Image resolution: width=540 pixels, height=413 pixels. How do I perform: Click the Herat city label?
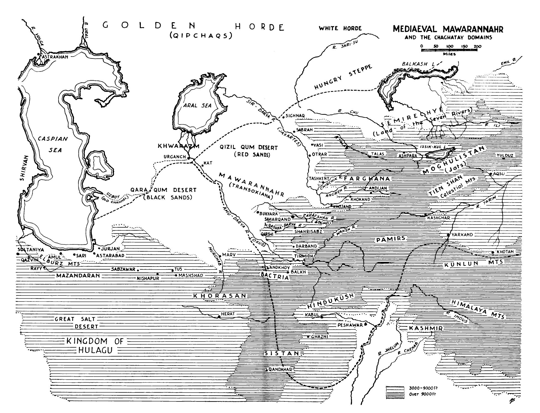pos(228,314)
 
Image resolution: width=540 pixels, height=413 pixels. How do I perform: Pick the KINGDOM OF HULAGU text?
pos(95,346)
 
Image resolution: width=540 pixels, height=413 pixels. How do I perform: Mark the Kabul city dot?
pos(322,317)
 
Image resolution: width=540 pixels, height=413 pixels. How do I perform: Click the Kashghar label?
pos(438,218)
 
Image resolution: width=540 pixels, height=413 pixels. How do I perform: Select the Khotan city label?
pos(505,252)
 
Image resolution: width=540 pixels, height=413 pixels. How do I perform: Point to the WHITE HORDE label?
pos(340,28)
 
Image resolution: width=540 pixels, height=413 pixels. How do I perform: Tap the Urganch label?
pos(175,157)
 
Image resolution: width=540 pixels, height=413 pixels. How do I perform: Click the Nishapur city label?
pos(148,278)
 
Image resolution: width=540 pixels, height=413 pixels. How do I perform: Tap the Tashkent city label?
pos(319,178)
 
